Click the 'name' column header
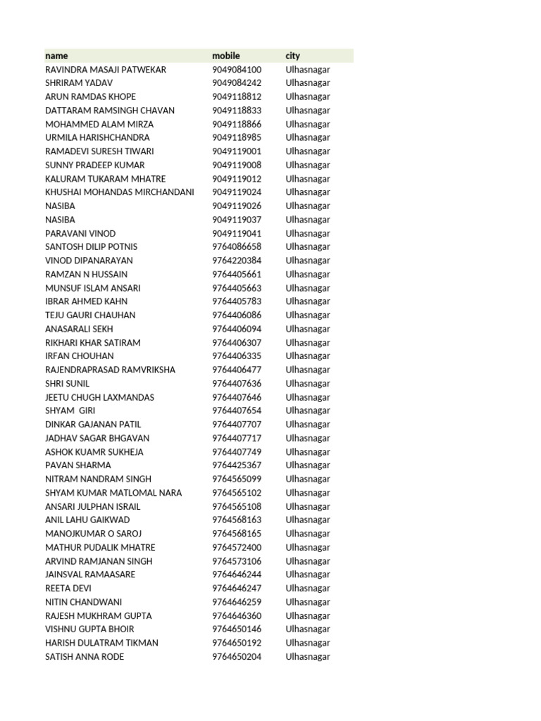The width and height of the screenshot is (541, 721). click(57, 56)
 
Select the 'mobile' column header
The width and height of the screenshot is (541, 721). click(226, 56)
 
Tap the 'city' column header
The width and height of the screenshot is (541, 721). click(293, 56)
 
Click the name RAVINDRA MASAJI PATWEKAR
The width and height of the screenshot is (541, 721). click(106, 70)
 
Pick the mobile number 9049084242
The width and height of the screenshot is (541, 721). click(237, 83)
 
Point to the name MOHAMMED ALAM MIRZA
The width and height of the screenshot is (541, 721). click(99, 124)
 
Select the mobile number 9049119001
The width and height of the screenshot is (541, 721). click(237, 151)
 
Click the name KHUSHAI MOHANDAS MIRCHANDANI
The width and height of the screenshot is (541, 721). click(120, 192)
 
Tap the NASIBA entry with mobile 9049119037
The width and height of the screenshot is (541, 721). click(60, 220)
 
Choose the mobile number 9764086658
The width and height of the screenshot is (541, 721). click(237, 247)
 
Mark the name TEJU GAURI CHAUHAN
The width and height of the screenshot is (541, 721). click(90, 315)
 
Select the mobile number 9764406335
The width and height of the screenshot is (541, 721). click(237, 356)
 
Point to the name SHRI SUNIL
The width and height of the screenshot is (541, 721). click(68, 384)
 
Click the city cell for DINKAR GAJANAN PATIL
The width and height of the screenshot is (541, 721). click(308, 425)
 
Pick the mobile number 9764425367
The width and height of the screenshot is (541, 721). click(237, 465)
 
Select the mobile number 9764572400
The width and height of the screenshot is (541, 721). click(237, 547)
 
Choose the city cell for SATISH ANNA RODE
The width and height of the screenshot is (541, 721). click(308, 657)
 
